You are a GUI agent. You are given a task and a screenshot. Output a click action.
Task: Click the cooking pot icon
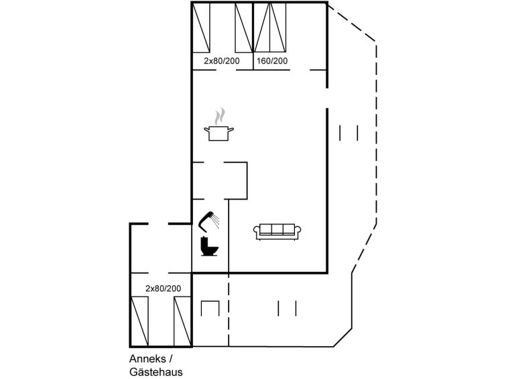point(218,133)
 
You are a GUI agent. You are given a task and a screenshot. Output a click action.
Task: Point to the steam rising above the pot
point(219,116)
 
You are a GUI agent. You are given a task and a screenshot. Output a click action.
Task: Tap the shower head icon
point(208,221)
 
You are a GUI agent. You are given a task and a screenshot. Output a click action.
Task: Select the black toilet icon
point(209,246)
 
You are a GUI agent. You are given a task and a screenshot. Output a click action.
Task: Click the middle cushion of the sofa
point(277,229)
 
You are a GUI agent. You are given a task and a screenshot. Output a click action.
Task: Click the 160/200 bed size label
point(272,61)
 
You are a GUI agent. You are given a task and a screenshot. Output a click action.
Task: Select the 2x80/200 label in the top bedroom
point(222,61)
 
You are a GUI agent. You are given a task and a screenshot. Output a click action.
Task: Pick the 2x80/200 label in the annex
point(164,289)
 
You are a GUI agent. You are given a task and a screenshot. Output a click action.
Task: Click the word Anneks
point(147,359)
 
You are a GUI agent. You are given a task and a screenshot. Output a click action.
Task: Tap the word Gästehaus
point(156,372)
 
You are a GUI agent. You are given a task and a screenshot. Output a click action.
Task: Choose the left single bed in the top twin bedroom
point(201,27)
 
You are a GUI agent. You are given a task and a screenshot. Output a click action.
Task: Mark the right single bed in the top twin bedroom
point(244,27)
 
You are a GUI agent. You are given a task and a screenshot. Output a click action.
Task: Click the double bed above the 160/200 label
point(270,27)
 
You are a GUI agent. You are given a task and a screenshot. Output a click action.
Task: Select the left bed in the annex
point(139,321)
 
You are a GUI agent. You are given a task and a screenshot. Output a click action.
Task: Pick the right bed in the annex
point(182,321)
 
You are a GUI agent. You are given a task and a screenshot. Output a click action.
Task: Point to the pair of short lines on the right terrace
point(349,133)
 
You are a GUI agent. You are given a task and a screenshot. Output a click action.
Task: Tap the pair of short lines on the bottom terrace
point(288,309)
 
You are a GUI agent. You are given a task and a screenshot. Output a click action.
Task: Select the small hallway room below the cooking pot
point(220,181)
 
